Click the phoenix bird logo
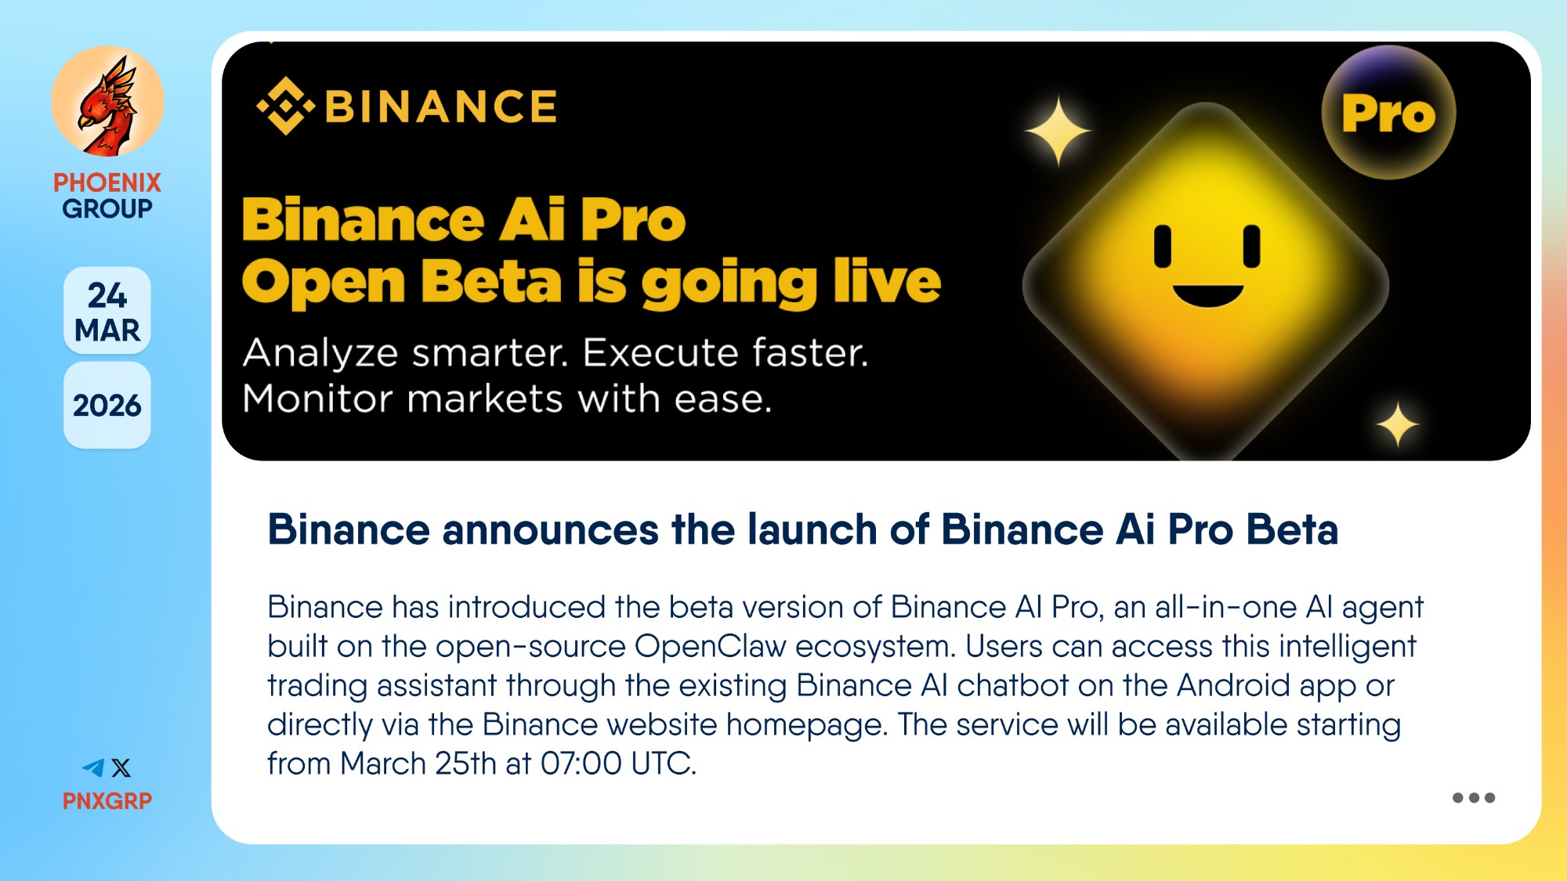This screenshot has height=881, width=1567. click(107, 101)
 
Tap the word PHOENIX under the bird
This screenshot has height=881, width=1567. click(107, 182)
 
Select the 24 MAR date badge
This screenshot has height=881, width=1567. click(107, 311)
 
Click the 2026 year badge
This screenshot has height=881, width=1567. click(107, 406)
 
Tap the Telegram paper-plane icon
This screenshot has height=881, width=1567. click(93, 767)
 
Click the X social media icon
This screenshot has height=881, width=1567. click(121, 767)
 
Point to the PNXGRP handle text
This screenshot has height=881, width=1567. click(107, 801)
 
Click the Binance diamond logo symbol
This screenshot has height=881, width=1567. click(285, 106)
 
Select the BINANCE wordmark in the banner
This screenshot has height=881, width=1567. click(441, 107)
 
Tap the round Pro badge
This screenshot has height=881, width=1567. click(1388, 113)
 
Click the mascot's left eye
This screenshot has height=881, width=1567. click(1163, 246)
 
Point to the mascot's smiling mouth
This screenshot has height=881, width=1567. click(1207, 296)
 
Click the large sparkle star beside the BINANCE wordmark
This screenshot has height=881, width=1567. click(1058, 131)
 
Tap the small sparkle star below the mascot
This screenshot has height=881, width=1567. click(1398, 424)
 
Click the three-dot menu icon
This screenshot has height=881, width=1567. click(1474, 798)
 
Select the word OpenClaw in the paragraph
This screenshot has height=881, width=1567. click(710, 647)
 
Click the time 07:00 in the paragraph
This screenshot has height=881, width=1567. click(581, 764)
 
